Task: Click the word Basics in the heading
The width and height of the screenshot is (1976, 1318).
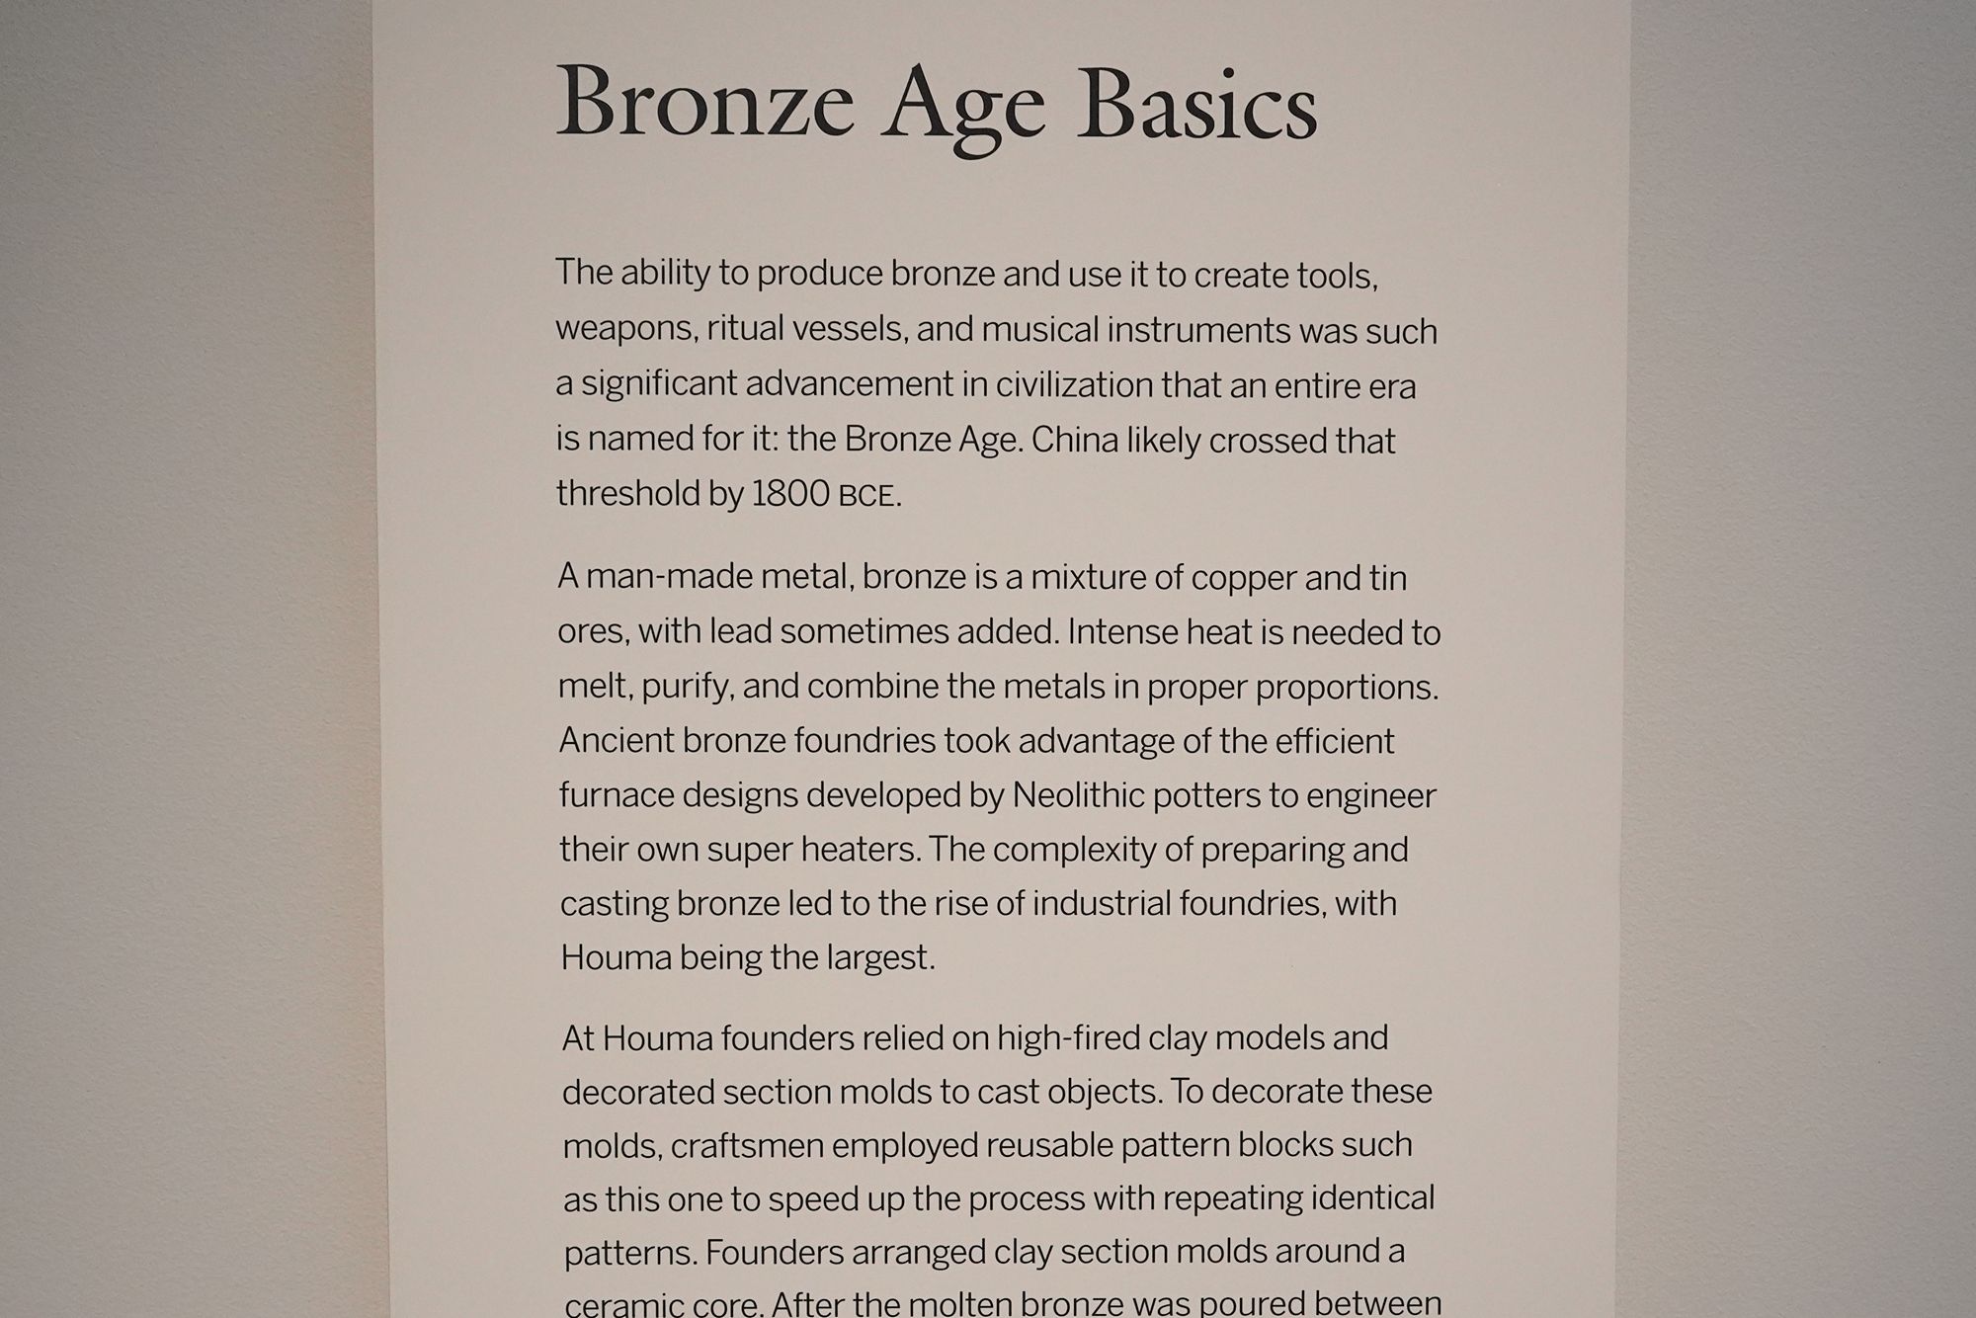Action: point(1197,106)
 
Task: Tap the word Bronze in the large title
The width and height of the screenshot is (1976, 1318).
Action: point(704,106)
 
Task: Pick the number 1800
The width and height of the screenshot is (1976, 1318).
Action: point(790,494)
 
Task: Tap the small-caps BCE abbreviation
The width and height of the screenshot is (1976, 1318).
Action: point(866,496)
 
